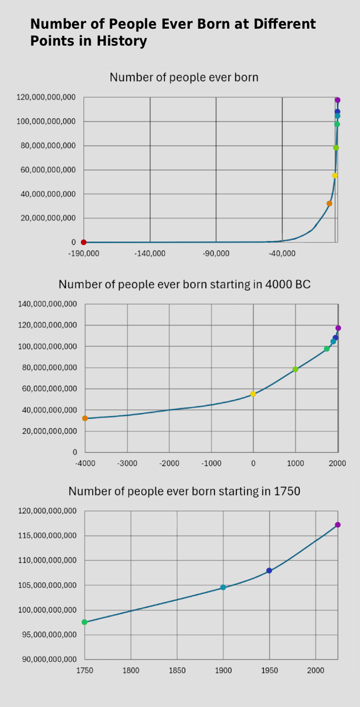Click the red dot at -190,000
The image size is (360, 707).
click(84, 242)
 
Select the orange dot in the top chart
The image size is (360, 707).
click(330, 204)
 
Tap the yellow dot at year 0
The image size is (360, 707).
click(253, 394)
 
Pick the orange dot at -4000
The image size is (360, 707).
click(85, 418)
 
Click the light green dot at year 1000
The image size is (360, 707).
click(295, 369)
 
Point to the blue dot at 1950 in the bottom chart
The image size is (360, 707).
click(269, 570)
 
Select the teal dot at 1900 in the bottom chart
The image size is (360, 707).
click(223, 587)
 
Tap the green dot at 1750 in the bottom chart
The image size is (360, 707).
click(85, 622)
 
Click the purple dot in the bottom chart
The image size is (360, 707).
click(338, 525)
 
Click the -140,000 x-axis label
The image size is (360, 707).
click(150, 254)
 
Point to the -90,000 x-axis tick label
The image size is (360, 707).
click(216, 254)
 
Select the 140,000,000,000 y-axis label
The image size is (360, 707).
click(47, 304)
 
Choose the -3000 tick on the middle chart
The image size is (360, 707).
click(127, 463)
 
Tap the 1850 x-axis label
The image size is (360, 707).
click(177, 670)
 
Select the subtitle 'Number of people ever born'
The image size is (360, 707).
click(184, 77)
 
